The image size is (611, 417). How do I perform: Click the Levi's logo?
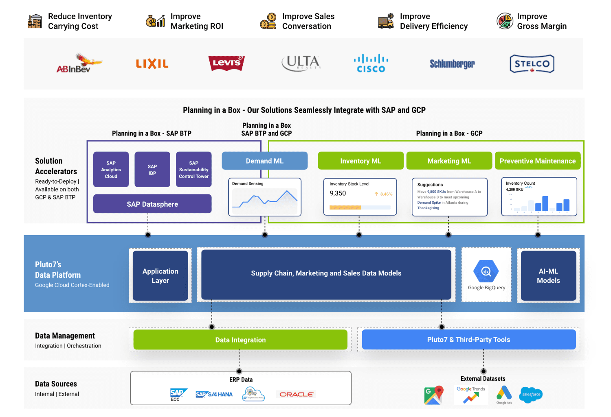(x=226, y=63)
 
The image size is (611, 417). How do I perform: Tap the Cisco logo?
(x=371, y=63)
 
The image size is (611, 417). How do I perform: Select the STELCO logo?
(x=532, y=64)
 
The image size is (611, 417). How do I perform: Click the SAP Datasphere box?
(x=152, y=204)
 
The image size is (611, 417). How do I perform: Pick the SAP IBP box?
(x=152, y=170)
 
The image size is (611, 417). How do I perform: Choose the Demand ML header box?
(x=264, y=161)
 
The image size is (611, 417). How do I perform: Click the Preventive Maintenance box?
(x=537, y=161)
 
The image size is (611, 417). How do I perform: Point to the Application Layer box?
(x=160, y=275)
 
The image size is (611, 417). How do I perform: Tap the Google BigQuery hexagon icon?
(x=486, y=271)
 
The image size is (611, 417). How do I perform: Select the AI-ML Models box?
(x=548, y=275)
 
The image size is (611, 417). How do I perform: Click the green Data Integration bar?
(x=240, y=340)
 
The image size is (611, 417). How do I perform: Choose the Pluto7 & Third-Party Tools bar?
(x=468, y=340)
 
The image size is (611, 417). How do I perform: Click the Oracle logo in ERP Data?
(x=296, y=394)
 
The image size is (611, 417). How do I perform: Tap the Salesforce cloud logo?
(x=531, y=394)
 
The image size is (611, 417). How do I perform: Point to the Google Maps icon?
(x=433, y=395)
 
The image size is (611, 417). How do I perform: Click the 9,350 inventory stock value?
(x=338, y=193)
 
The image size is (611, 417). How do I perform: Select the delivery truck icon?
(x=385, y=21)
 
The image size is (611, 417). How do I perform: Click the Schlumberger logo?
(x=452, y=64)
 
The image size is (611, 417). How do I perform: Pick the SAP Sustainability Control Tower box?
(x=193, y=170)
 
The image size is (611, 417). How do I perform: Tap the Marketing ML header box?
(x=449, y=161)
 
